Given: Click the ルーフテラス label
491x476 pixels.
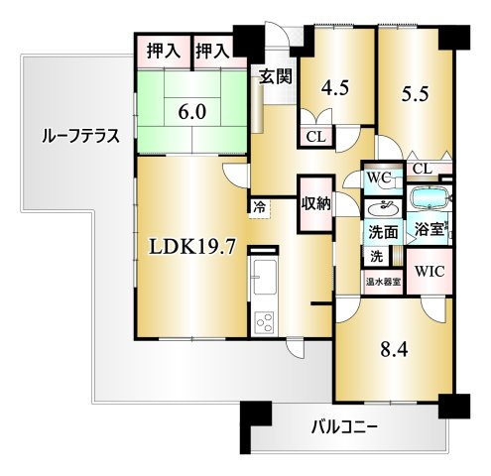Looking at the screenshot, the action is tap(80, 136).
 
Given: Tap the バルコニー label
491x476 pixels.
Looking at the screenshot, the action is tap(344, 428).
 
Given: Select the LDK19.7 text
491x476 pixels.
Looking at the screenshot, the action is tap(192, 247).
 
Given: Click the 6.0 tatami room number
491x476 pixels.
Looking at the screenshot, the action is tap(192, 112).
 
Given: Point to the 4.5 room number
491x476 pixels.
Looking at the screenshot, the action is tap(335, 88).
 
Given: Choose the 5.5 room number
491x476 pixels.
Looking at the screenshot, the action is tap(415, 93).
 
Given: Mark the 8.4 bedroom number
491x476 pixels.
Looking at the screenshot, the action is tap(394, 349).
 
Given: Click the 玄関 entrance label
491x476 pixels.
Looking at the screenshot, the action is tap(275, 76).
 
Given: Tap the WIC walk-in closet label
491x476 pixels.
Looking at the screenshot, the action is tap(430, 271).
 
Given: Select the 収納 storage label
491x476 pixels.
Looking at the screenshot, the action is tap(315, 203).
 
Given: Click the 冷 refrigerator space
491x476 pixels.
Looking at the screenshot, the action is tap(259, 208).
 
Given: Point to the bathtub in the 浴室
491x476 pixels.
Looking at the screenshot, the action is tap(429, 199).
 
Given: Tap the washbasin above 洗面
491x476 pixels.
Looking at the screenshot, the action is tap(383, 209).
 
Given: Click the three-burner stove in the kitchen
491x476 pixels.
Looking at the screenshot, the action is tap(264, 322).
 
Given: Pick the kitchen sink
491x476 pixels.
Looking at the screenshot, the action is tap(264, 276).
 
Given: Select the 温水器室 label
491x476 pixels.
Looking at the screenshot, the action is tap(383, 283).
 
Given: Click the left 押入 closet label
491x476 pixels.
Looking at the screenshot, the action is tap(164, 52).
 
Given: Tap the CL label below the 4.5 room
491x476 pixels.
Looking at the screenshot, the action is tap(315, 137).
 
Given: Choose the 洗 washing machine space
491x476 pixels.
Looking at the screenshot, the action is tap(376, 256).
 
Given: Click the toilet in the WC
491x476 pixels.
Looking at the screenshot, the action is tap(392, 180).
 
